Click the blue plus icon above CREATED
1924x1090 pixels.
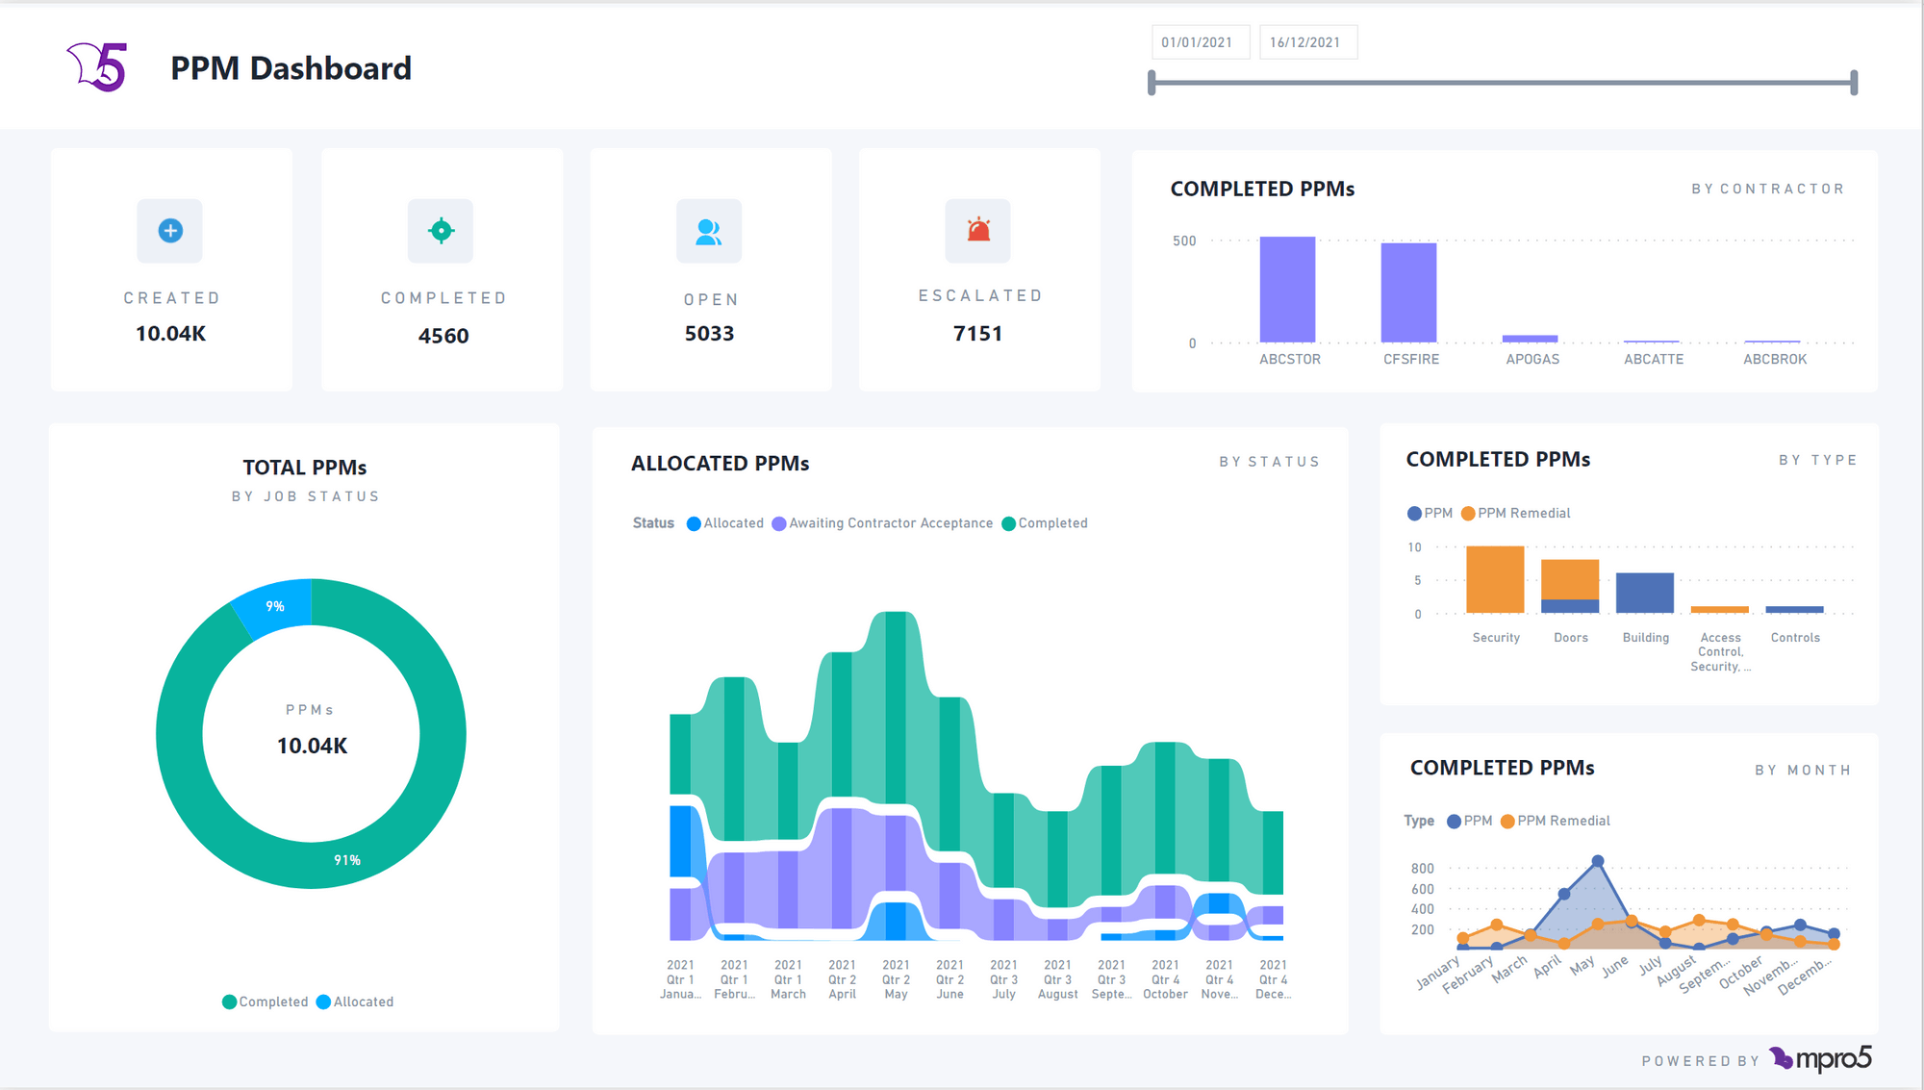pos(170,231)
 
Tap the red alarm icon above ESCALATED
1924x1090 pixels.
pos(978,231)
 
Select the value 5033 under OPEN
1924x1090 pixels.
pos(709,334)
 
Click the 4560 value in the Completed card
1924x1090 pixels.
pos(443,336)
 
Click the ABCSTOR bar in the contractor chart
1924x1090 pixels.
pos(1287,290)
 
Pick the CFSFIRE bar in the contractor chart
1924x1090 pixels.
pos(1408,292)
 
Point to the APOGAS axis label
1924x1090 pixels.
pos(1532,359)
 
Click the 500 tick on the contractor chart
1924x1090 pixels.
pos(1184,241)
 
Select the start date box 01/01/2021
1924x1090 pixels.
pos(1198,42)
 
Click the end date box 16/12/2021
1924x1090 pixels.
pos(1305,42)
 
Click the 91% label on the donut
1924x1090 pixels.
pos(347,860)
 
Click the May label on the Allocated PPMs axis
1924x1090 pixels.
pos(896,994)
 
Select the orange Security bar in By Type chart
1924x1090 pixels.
pos(1495,579)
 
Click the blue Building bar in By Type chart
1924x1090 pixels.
pos(1644,593)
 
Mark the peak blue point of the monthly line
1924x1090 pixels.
pos(1598,861)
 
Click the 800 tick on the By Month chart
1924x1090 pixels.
pos(1422,869)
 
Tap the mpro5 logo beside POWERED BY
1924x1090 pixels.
pos(1821,1059)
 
